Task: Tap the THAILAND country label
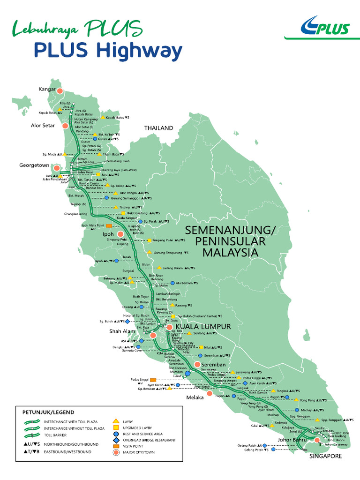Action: coord(158,128)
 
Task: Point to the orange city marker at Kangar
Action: coord(60,90)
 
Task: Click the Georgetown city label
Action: coord(34,165)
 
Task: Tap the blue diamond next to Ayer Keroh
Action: coord(245,383)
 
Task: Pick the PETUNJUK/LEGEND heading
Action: coord(48,412)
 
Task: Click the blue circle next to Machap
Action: coord(297,410)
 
